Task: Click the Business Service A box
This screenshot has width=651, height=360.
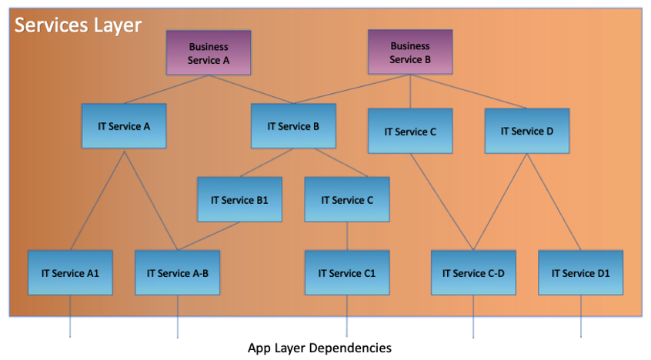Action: coord(209,53)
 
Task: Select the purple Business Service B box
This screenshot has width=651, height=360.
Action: coord(409,52)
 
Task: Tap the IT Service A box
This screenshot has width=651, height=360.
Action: coord(124,126)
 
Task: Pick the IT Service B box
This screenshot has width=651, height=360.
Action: coord(293,126)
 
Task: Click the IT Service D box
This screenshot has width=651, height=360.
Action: coord(527,131)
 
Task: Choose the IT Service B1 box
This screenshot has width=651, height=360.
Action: coord(239,199)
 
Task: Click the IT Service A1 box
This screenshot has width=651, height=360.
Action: coord(70,272)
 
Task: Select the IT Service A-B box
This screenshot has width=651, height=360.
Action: coord(177,272)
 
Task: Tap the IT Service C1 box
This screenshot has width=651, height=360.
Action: coord(347,272)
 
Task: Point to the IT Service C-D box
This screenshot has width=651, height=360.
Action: coord(473,272)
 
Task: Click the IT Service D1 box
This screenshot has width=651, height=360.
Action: coord(579,272)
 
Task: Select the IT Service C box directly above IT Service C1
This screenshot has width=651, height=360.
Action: coord(347,199)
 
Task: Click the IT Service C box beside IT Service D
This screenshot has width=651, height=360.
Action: coord(410,132)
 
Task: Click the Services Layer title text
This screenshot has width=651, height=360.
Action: coord(78,25)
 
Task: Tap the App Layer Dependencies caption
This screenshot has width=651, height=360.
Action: coord(319,348)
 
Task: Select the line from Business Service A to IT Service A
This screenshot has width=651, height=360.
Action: coord(165,88)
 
